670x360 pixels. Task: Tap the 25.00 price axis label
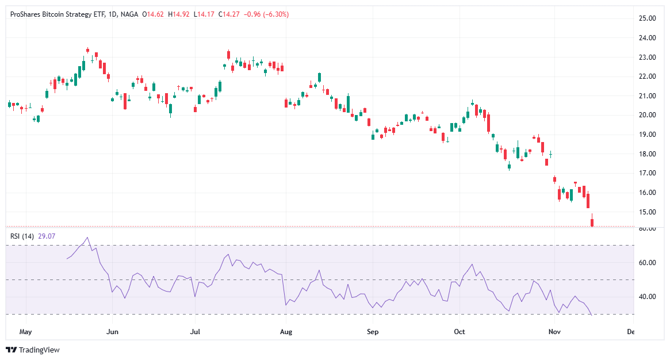pos(648,18)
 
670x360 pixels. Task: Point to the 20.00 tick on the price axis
pos(648,115)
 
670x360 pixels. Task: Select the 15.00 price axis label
pos(648,212)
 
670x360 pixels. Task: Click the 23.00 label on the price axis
pos(648,58)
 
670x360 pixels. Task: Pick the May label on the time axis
pos(26,332)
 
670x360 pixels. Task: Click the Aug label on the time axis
pos(286,332)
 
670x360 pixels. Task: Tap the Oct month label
pos(459,332)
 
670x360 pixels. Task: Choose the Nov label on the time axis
pos(554,332)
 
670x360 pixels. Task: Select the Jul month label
pos(196,332)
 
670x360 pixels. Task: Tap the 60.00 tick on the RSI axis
pos(648,263)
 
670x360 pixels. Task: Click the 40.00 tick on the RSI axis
pos(648,297)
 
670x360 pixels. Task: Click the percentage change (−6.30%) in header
pos(276,14)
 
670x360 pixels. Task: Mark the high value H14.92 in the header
pos(178,14)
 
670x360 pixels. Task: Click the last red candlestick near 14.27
pos(592,222)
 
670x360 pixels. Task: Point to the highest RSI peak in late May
pos(87,238)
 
